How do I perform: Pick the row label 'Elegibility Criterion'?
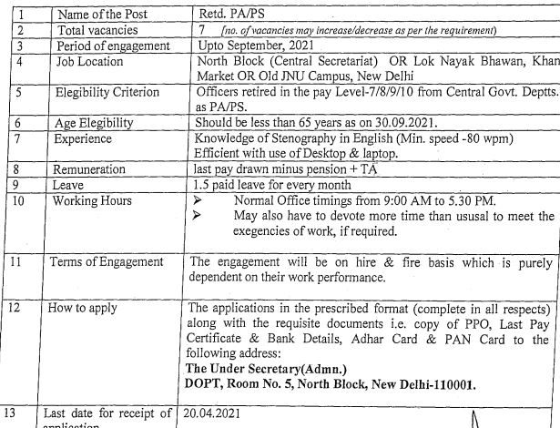[114, 92]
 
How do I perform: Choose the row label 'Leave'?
[74, 184]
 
